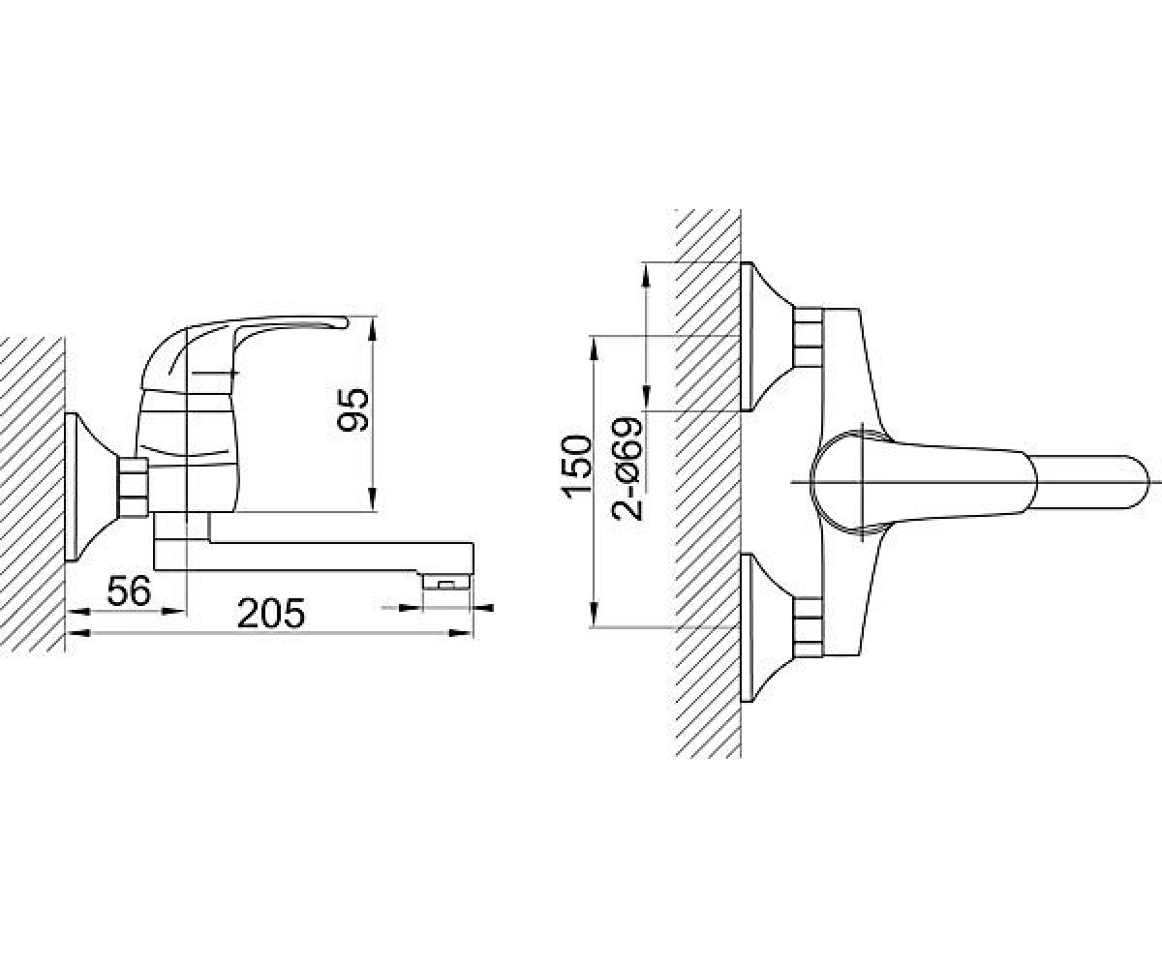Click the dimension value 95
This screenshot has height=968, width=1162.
(352, 409)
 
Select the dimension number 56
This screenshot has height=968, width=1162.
(129, 590)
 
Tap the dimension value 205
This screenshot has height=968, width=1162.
(271, 613)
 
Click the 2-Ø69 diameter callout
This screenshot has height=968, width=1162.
(627, 469)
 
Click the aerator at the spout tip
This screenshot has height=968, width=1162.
(446, 583)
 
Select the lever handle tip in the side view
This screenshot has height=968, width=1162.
(341, 322)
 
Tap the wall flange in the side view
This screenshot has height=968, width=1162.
(91, 487)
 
